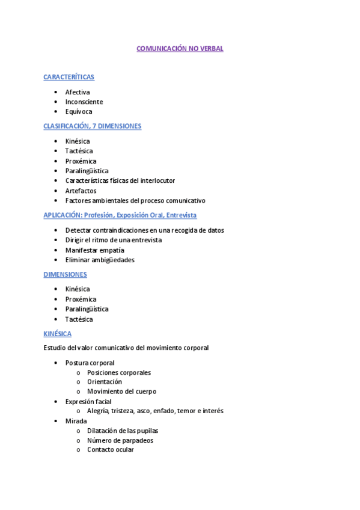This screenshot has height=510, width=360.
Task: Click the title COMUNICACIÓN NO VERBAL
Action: click(x=180, y=49)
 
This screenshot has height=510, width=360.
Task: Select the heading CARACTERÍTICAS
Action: click(x=69, y=77)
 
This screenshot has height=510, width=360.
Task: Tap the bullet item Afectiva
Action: click(x=78, y=92)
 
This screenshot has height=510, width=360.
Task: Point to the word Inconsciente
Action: click(x=84, y=102)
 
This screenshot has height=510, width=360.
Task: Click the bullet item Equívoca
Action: click(x=79, y=111)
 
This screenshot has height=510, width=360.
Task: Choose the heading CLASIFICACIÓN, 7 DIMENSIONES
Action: click(x=92, y=126)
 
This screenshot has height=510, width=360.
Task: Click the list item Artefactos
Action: click(x=81, y=191)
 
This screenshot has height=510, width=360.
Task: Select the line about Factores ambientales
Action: click(x=135, y=200)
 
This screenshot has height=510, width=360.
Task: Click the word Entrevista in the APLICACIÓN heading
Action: click(x=182, y=215)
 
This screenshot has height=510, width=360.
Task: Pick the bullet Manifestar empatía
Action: click(x=95, y=250)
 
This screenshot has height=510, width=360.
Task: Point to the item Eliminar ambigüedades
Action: click(x=100, y=260)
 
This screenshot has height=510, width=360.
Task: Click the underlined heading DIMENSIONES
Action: click(x=65, y=274)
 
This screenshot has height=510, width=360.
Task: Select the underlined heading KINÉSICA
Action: click(x=57, y=333)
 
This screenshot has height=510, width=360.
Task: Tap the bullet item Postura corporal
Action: click(x=90, y=363)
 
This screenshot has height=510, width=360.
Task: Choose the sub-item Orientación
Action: click(x=104, y=382)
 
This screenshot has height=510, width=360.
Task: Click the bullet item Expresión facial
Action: click(x=88, y=401)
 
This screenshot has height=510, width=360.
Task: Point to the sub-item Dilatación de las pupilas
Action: click(x=123, y=431)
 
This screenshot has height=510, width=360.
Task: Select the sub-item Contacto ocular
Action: click(x=110, y=450)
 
